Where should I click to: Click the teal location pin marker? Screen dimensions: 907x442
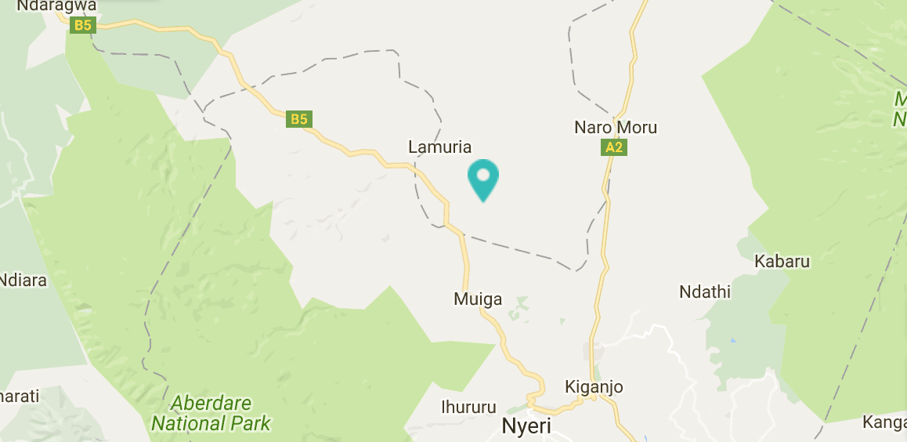coord(483,178)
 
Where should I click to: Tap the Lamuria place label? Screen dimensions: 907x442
coord(440,147)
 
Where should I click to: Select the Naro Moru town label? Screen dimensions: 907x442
coord(616,127)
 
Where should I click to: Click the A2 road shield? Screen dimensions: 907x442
coord(614,147)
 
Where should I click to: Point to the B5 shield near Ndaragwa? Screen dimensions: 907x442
coord(81,26)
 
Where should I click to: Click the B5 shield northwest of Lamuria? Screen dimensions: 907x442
coord(299,119)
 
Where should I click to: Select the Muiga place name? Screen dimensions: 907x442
coord(478,299)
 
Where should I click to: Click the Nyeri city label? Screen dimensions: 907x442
coord(526,427)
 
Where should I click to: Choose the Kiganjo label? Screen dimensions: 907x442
coord(594,386)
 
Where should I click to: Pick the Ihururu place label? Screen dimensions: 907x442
coord(469,408)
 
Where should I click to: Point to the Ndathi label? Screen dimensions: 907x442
coord(705,292)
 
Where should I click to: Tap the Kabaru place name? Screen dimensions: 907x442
coord(782,261)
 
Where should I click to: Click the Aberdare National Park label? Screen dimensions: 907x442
coord(211,414)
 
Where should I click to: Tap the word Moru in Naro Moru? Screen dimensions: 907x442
coord(635,127)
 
